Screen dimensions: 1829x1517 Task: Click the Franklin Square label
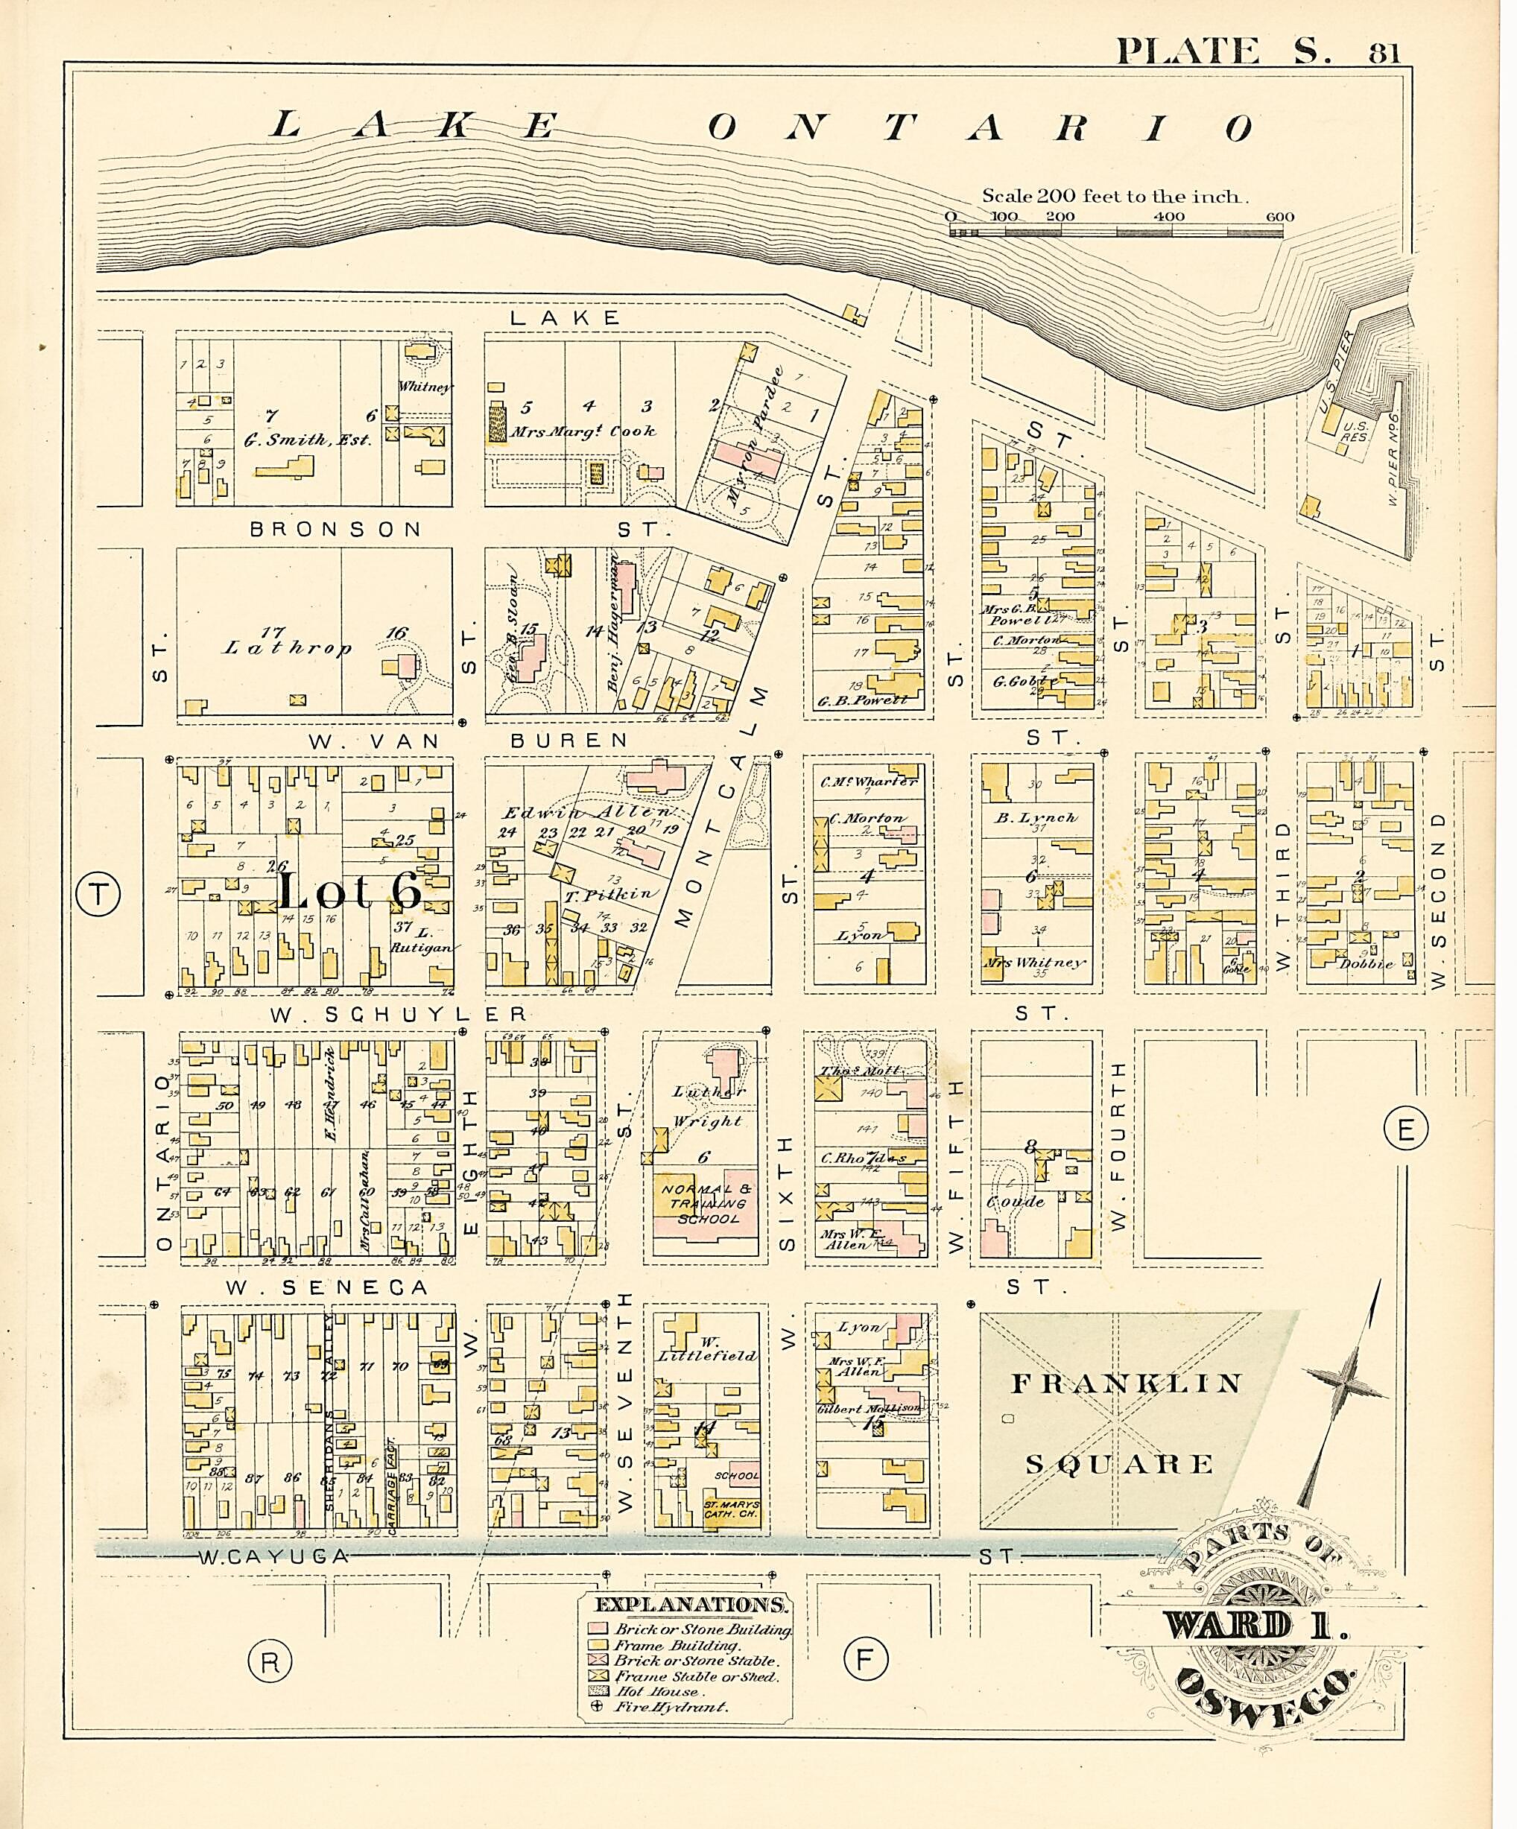point(1121,1422)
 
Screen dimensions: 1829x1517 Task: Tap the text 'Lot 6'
point(350,891)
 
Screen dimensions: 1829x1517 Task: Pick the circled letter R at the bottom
point(270,1662)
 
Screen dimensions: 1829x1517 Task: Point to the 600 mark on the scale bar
point(1279,217)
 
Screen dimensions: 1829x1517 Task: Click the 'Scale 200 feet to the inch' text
point(1115,196)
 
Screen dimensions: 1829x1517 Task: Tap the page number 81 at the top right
point(1384,54)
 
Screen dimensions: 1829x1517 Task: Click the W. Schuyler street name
point(398,1015)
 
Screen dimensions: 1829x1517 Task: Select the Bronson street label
point(335,529)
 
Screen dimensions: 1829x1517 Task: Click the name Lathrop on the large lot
point(288,647)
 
